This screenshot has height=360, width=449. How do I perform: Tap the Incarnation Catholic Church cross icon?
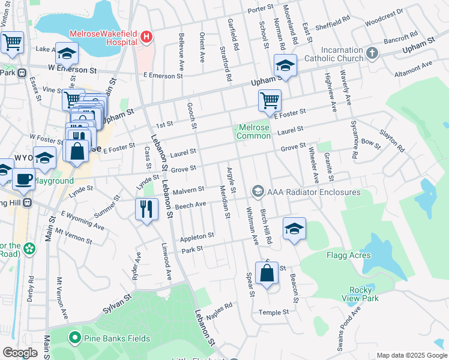372,53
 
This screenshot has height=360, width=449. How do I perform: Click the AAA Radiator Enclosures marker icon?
258,192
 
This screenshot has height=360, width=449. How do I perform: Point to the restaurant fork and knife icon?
146,209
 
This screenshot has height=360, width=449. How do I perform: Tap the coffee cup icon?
24,179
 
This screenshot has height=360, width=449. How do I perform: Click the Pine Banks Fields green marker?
75,338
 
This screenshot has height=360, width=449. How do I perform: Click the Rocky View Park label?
372,294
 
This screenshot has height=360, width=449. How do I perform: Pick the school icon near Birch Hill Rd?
294,229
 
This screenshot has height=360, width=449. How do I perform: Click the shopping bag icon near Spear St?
267,274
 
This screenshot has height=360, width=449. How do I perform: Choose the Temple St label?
274,313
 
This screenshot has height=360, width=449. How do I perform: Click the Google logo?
20,353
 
